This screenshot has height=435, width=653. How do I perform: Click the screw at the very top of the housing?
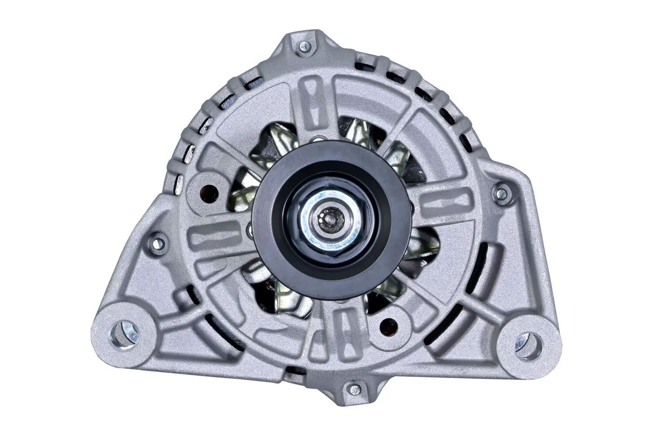(x=304, y=45)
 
